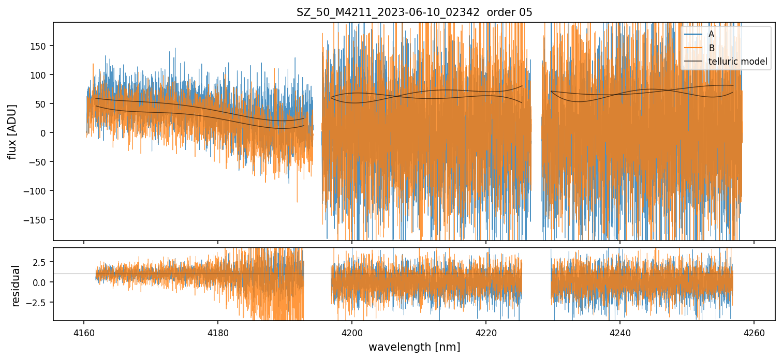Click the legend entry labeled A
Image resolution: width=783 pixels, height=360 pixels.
pos(711,34)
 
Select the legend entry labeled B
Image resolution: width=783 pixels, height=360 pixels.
pos(711,48)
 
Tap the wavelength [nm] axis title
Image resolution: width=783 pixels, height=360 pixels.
pos(414,347)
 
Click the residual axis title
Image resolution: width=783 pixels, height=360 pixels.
pos(16,286)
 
